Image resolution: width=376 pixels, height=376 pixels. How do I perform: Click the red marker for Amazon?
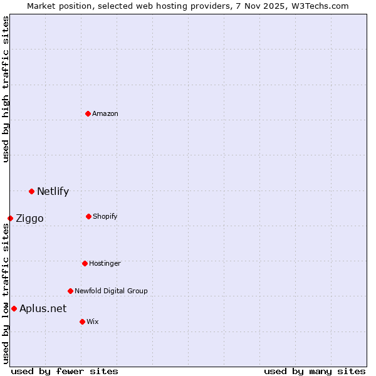tap(88, 113)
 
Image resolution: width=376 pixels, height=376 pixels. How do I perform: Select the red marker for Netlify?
tap(31, 191)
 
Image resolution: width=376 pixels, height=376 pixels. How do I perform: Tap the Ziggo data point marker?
tap(10, 218)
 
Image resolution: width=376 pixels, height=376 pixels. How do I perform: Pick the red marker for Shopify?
tap(88, 216)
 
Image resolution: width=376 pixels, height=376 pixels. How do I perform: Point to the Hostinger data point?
tap(85, 263)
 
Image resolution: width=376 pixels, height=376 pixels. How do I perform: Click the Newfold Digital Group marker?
tap(70, 291)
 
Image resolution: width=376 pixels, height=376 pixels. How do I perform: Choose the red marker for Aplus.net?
tap(14, 308)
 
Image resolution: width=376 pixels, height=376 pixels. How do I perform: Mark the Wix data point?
tap(82, 321)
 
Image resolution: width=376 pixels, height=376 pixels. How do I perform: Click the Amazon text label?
tap(105, 113)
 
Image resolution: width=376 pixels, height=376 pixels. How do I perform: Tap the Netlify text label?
tap(53, 192)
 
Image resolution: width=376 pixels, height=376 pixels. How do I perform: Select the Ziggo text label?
tap(29, 219)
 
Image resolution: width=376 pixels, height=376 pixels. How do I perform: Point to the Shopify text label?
tap(105, 216)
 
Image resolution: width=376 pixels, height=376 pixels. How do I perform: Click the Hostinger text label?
tap(105, 263)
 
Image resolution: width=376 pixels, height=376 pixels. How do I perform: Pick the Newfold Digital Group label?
tap(111, 291)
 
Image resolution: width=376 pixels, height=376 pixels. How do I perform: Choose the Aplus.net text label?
tap(43, 308)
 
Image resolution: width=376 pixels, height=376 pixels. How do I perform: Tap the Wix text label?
tap(93, 321)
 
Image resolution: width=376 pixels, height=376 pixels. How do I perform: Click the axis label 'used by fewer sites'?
tap(65, 371)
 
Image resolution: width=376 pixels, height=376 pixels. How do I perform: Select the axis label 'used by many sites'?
tap(315, 371)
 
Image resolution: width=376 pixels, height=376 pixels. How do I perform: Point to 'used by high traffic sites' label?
tap(6, 89)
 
